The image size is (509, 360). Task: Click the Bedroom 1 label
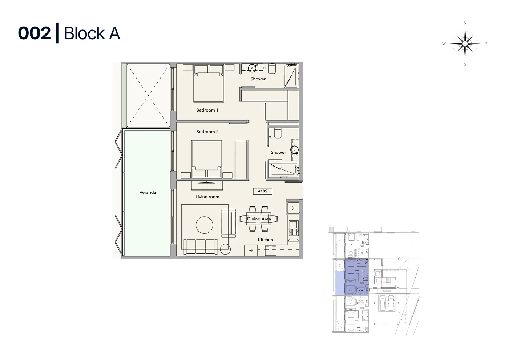click(x=207, y=110)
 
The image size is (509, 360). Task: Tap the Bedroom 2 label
click(x=207, y=132)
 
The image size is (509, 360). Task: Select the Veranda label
click(x=148, y=192)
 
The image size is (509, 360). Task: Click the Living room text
click(x=207, y=197)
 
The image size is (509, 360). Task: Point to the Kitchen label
click(x=266, y=240)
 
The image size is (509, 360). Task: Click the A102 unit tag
click(x=262, y=191)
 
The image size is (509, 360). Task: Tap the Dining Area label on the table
click(x=259, y=219)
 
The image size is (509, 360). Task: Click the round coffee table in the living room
click(x=204, y=225)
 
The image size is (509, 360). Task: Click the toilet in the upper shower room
click(x=272, y=69)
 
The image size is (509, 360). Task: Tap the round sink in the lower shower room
click(x=295, y=150)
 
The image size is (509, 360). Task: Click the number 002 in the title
click(x=34, y=33)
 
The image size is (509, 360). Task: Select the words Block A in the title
click(x=92, y=33)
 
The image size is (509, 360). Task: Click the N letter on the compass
click(x=465, y=23)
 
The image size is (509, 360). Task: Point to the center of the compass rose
click(x=465, y=44)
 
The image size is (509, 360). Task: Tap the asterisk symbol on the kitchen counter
click(x=251, y=251)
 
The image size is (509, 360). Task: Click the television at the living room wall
click(x=207, y=182)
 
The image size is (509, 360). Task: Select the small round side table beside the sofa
click(x=225, y=249)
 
